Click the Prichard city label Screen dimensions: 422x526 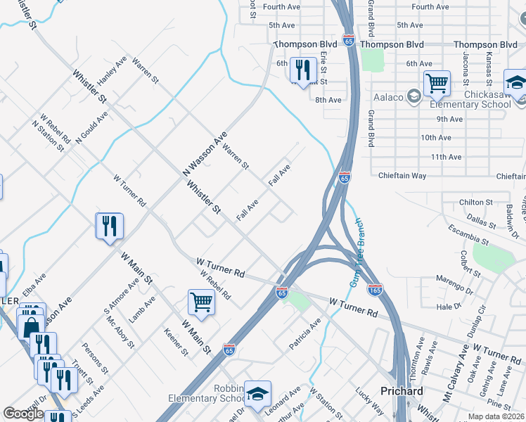(402, 391)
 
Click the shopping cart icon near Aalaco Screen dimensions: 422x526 (437, 84)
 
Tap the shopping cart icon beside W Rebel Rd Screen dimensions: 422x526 (201, 302)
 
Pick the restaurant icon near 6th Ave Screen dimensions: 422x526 (303, 70)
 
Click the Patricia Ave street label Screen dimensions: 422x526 (304, 334)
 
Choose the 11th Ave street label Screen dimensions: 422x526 (445, 157)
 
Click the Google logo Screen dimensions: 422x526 (23, 414)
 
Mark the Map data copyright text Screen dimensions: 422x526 (496, 416)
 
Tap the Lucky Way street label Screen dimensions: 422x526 (370, 402)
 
